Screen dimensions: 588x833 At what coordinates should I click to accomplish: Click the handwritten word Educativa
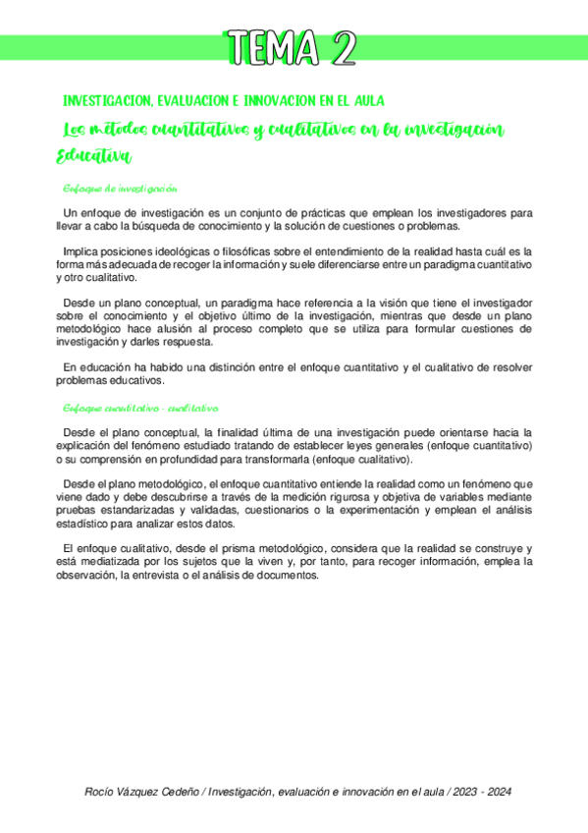click(x=93, y=156)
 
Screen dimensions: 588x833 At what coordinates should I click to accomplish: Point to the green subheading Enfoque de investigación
click(x=119, y=189)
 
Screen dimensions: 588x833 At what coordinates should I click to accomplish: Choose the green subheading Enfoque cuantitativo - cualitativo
click(x=139, y=408)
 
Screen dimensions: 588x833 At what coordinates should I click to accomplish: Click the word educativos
click(x=148, y=381)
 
